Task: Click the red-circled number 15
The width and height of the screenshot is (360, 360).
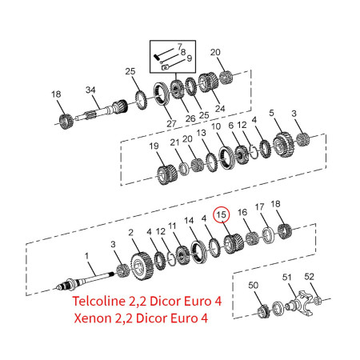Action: click(x=222, y=214)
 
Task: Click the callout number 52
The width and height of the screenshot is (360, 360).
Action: click(x=310, y=277)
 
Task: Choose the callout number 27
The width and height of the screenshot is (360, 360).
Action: click(x=171, y=122)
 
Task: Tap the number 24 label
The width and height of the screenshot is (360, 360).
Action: click(x=220, y=107)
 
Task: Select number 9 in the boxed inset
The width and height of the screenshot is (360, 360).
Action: click(x=188, y=58)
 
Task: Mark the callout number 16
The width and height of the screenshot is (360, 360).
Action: click(x=242, y=211)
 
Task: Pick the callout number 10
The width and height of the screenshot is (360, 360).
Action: click(x=215, y=126)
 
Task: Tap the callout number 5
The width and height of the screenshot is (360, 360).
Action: click(x=272, y=113)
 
